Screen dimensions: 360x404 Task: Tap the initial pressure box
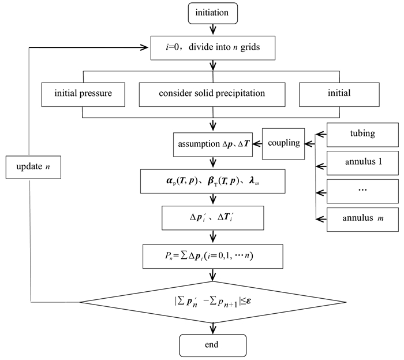(83, 92)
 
